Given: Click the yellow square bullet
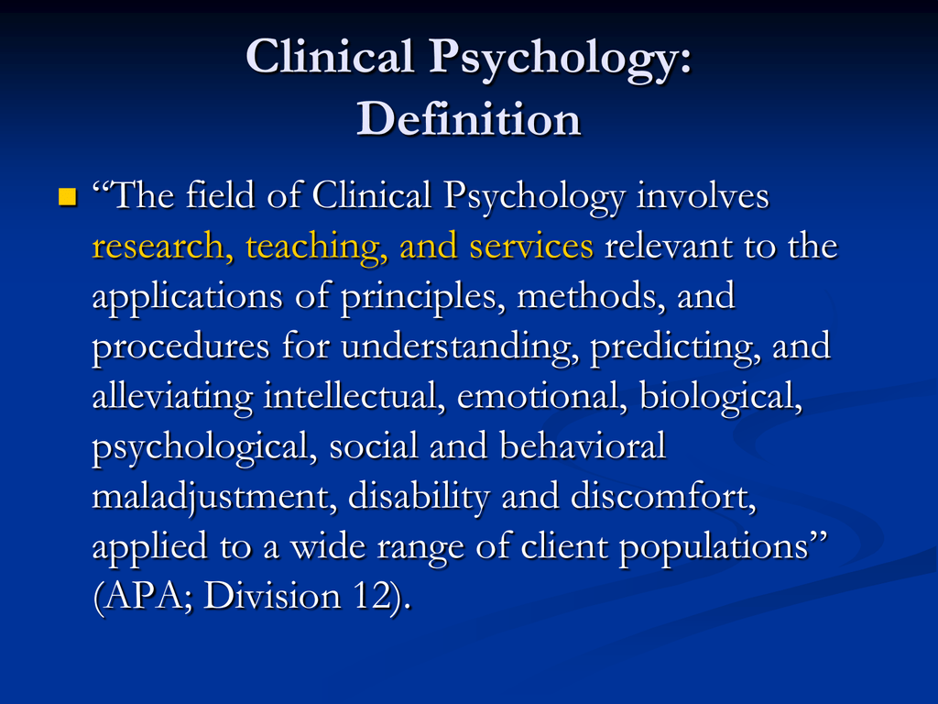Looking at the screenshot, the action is pyautogui.click(x=68, y=196).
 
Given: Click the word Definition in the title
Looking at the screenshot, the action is pyautogui.click(x=469, y=119).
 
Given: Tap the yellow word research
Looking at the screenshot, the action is pyautogui.click(x=158, y=247).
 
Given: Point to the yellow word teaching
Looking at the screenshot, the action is pyautogui.click(x=316, y=247).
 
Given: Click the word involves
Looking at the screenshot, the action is pyautogui.click(x=703, y=196).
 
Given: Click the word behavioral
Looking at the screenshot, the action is pyautogui.click(x=583, y=446).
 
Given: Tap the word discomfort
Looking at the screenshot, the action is pyautogui.click(x=663, y=497).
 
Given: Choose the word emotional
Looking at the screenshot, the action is pyautogui.click(x=542, y=397).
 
